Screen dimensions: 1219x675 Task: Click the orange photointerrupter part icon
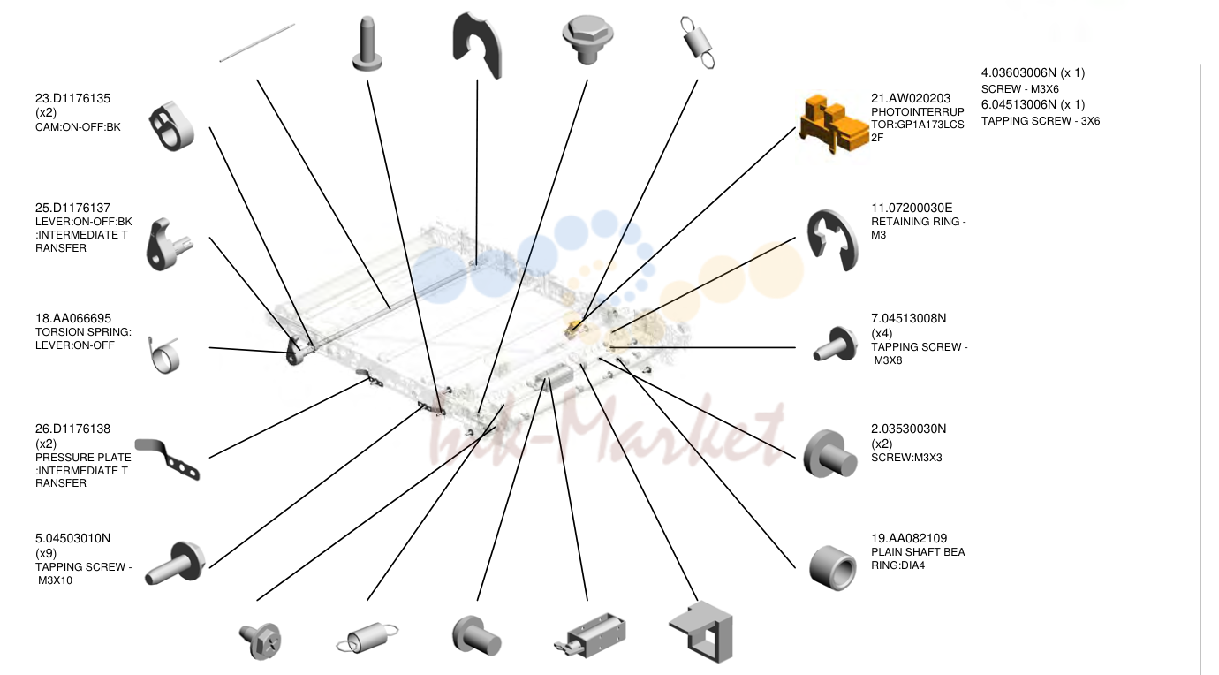point(833,124)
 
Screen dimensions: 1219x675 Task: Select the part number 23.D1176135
point(72,99)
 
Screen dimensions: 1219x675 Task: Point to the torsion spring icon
point(163,355)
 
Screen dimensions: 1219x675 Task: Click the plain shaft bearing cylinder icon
point(833,568)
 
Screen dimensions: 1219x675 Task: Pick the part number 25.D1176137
point(72,208)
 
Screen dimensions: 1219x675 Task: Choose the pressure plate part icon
point(168,459)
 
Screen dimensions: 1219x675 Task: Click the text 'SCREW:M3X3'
point(906,458)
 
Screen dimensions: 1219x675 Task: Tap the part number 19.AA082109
point(909,538)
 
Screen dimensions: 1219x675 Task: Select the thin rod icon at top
point(257,43)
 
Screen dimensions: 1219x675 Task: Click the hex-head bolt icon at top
point(587,39)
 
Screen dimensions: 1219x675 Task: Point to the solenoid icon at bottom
point(590,635)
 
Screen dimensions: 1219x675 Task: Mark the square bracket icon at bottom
point(701,632)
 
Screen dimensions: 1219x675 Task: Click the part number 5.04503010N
point(72,538)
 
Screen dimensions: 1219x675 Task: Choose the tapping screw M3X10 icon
point(175,563)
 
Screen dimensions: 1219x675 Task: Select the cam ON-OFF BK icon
point(171,126)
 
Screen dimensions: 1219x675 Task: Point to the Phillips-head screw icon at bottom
point(260,641)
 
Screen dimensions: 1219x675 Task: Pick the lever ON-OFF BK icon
point(168,245)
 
